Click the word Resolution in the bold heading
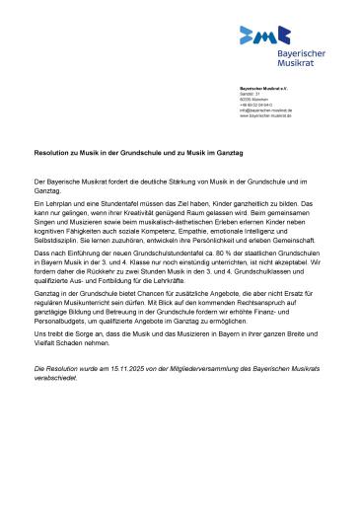tap(50, 155)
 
